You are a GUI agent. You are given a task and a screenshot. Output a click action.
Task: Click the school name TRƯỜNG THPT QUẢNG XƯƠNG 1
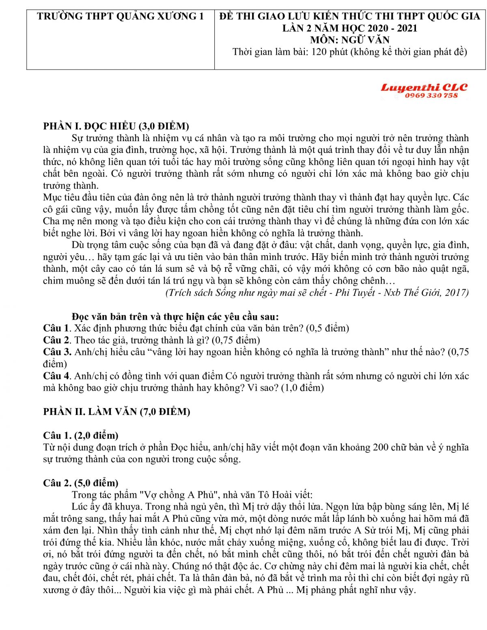[x=121, y=17]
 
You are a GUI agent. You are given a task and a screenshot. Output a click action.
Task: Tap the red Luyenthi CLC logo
[x=424, y=87]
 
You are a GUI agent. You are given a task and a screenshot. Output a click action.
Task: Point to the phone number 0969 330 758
[x=431, y=96]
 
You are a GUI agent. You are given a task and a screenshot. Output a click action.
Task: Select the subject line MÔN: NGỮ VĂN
[x=349, y=40]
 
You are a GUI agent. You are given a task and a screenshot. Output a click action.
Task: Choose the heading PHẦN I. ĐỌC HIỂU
[x=116, y=126]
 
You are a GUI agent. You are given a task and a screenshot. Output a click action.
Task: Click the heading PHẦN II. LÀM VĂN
[x=117, y=411]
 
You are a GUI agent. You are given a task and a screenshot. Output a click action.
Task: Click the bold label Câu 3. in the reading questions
[x=58, y=352]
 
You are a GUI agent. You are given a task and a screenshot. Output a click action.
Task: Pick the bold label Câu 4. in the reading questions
[x=58, y=376]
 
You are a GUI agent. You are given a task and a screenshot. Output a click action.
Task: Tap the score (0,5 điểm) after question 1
[x=328, y=328]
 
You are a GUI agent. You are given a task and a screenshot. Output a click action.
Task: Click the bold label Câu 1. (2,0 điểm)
[x=81, y=435]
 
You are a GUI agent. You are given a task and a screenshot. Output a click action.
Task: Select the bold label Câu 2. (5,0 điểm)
[x=81, y=483]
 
